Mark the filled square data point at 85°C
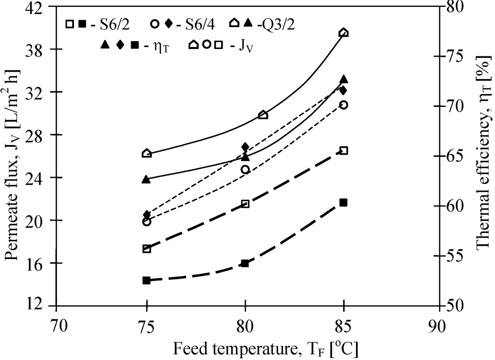(x=344, y=202)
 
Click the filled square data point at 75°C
(x=146, y=280)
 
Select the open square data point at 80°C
(x=245, y=204)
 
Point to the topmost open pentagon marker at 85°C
(x=344, y=33)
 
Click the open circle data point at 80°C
(x=245, y=170)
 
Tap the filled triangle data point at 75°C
(x=146, y=179)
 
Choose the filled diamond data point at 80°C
(x=245, y=147)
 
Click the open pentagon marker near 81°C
(x=263, y=115)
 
